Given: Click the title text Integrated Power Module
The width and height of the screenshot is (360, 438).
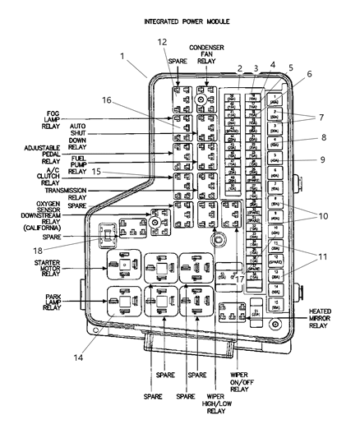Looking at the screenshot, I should [x=187, y=20].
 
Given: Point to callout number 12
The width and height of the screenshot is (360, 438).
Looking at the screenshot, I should [x=162, y=41].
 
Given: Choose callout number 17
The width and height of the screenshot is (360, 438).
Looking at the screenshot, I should [x=240, y=279].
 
